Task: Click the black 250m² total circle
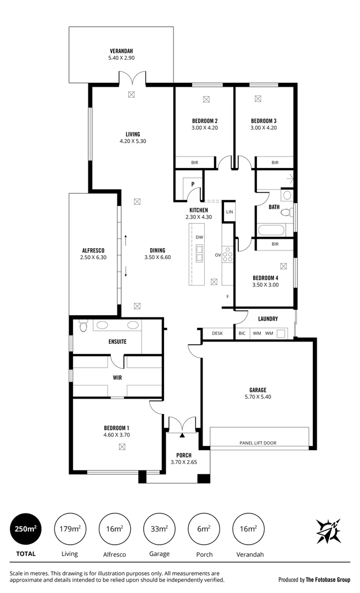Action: [26, 529]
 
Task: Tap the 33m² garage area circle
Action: [159, 529]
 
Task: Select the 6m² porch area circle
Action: [204, 529]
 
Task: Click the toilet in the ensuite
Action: [83, 327]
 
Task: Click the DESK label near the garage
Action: [217, 333]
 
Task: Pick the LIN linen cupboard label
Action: [229, 211]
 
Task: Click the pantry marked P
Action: [193, 184]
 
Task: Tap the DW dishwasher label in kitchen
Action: [199, 237]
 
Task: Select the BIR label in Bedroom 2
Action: [194, 163]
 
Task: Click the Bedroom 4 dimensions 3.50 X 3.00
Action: [265, 284]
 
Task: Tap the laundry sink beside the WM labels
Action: [281, 333]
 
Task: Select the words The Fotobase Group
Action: [329, 579]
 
